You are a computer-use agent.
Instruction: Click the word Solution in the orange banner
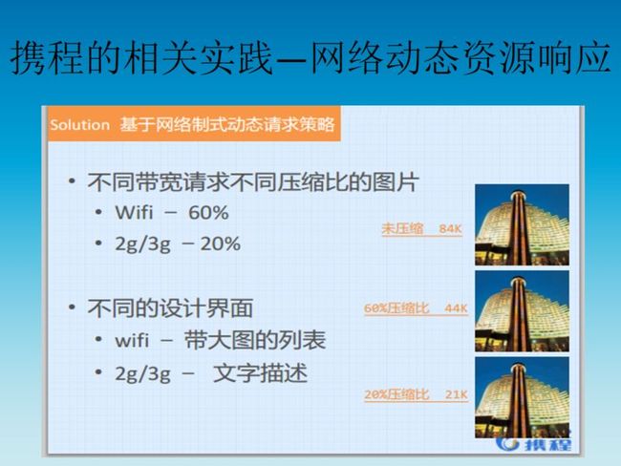[x=80, y=125]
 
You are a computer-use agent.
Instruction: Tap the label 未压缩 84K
[x=421, y=229]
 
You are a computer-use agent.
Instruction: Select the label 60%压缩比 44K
[x=416, y=308]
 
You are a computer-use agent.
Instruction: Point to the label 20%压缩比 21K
[x=416, y=394]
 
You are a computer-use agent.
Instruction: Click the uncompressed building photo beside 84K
[x=522, y=224]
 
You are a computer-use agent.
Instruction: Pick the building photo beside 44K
[x=522, y=311]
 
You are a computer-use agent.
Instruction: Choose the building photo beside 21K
[x=522, y=397]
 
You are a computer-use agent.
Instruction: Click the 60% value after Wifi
[x=208, y=213]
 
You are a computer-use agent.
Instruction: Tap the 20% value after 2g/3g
[x=220, y=244]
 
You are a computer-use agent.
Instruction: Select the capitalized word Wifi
[x=134, y=212]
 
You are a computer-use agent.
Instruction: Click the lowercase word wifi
[x=132, y=341]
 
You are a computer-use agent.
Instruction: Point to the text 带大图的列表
[x=255, y=340]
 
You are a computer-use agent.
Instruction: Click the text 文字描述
[x=260, y=373]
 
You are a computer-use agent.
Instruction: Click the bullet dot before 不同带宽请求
[x=72, y=180]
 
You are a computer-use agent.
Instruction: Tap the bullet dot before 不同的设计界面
[x=72, y=307]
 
